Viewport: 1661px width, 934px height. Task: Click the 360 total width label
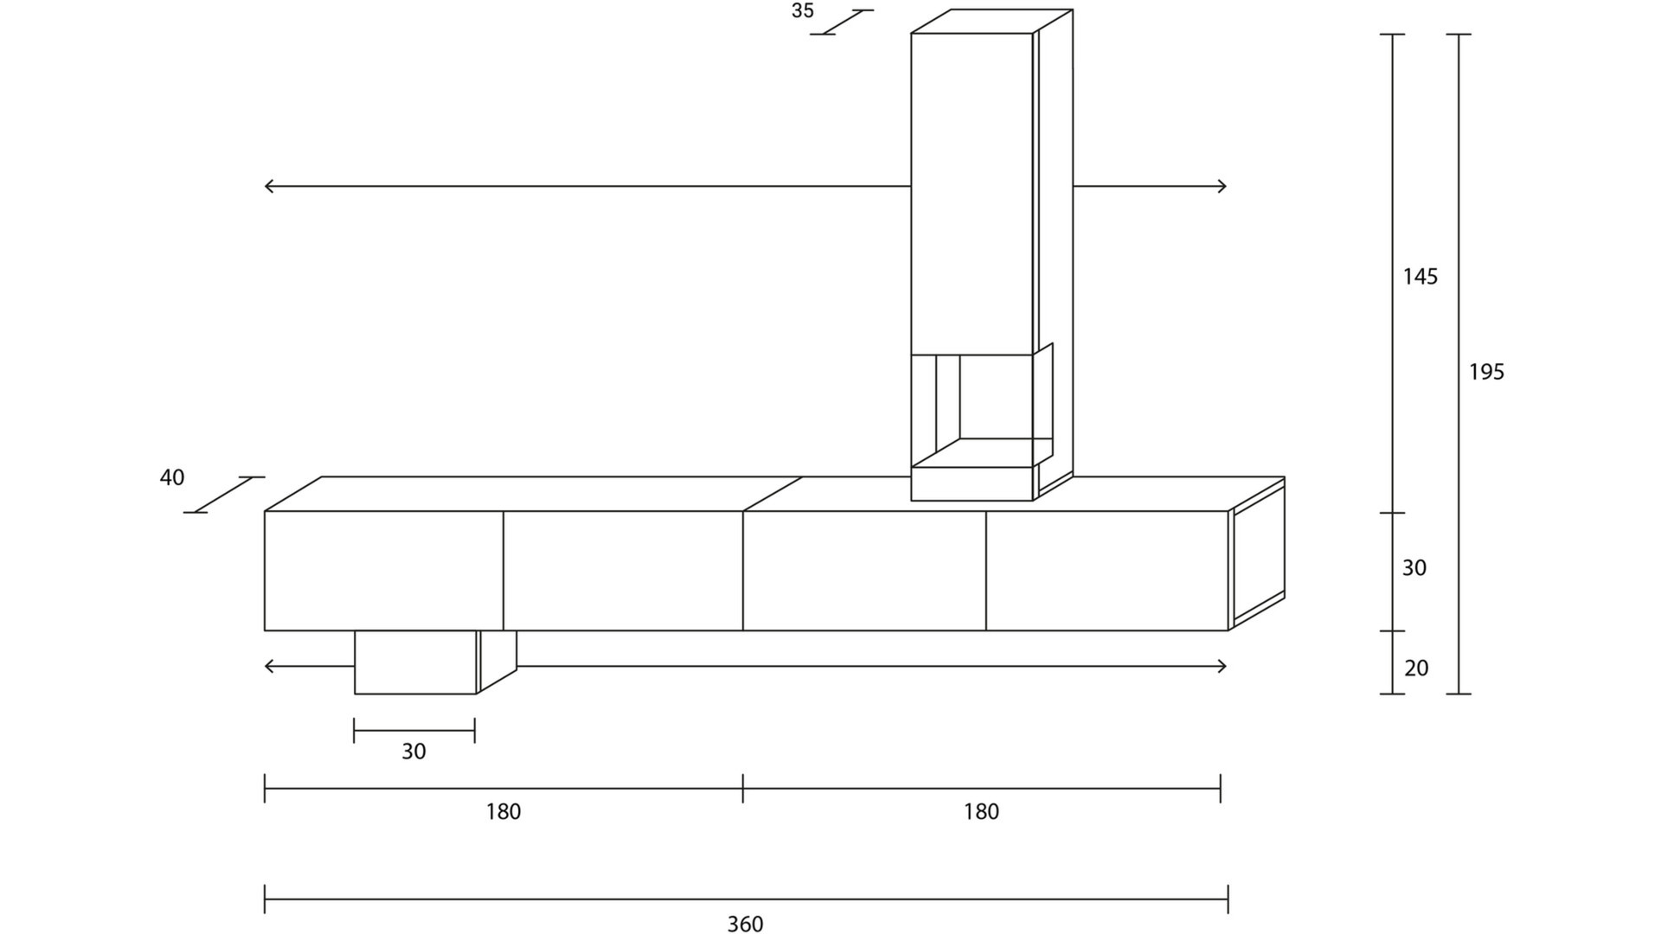(x=745, y=924)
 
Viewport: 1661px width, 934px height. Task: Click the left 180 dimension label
(x=503, y=811)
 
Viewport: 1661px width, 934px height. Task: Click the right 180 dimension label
(x=981, y=811)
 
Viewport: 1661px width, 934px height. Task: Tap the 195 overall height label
(x=1486, y=372)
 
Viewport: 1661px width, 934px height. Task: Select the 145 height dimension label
(x=1420, y=277)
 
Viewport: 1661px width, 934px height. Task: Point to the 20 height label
(x=1415, y=668)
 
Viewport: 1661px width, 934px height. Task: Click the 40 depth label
(x=172, y=477)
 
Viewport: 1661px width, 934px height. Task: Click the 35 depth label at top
(x=802, y=11)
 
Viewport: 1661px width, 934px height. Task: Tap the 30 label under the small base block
(x=414, y=752)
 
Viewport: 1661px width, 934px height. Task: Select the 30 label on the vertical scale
(x=1414, y=568)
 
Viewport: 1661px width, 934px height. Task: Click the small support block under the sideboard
(x=415, y=662)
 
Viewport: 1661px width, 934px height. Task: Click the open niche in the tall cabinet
(x=995, y=398)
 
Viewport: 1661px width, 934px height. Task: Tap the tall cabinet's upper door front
(x=971, y=190)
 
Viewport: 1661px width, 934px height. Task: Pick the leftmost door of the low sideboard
(x=383, y=571)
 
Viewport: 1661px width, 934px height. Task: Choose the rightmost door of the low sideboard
(x=1106, y=571)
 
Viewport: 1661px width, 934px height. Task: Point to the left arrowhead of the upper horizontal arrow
(x=267, y=186)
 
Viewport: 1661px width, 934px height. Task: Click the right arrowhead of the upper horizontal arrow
(x=1222, y=186)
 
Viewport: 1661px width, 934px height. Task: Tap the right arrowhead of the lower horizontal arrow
(x=1222, y=666)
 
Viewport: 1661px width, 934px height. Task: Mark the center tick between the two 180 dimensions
(x=742, y=788)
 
